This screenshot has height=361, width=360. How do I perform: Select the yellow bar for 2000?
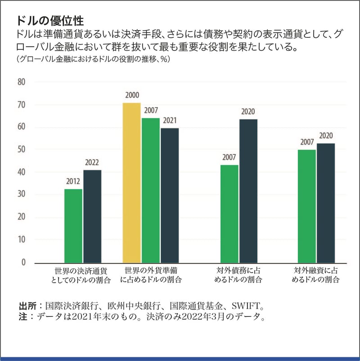[131, 183]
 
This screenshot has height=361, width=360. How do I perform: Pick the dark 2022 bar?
[92, 217]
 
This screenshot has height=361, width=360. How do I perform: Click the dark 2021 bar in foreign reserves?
[170, 195]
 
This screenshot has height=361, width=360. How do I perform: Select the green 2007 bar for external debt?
[229, 214]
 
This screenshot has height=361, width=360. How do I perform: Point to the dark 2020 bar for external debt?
[248, 191]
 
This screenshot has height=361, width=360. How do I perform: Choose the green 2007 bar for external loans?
[307, 206]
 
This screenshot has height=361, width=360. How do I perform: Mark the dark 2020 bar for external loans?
[326, 203]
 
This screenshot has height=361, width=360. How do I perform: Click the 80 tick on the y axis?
[22, 82]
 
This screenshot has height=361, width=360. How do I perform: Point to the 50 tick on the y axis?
[22, 149]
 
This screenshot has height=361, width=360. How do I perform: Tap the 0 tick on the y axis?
[24, 263]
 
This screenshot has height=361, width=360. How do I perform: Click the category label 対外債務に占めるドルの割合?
[237, 275]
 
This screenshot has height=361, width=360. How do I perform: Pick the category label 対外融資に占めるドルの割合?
[315, 275]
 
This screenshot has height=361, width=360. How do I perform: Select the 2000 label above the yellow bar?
[132, 95]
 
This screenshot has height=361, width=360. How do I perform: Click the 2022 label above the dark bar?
[92, 163]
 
